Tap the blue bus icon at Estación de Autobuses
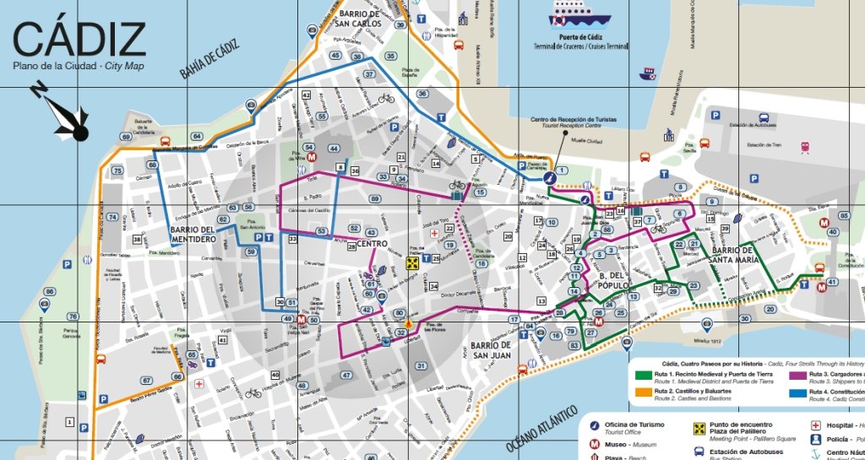tap(764, 116)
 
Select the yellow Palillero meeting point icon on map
tap(412, 262)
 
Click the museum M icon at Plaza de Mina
tap(311, 157)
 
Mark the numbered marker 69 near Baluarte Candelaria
tap(125, 137)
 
